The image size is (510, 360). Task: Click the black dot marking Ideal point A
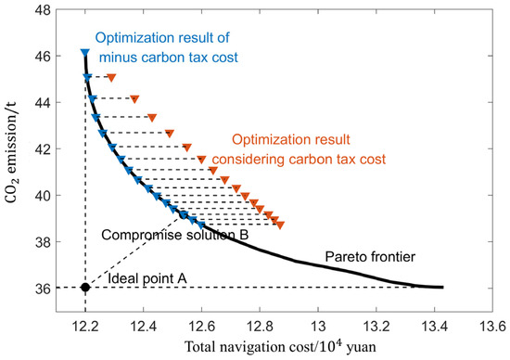[85, 288]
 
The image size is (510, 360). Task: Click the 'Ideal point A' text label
[145, 276]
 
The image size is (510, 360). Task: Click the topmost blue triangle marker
[84, 53]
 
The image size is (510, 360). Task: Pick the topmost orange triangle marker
[111, 77]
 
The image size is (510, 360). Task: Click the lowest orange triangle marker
[280, 225]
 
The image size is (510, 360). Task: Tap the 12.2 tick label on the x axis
[85, 325]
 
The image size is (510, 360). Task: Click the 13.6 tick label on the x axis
[491, 325]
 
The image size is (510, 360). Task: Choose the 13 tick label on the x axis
[317, 325]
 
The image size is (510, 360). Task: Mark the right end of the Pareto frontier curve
[442, 287]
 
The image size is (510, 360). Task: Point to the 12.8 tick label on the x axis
[260, 325]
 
